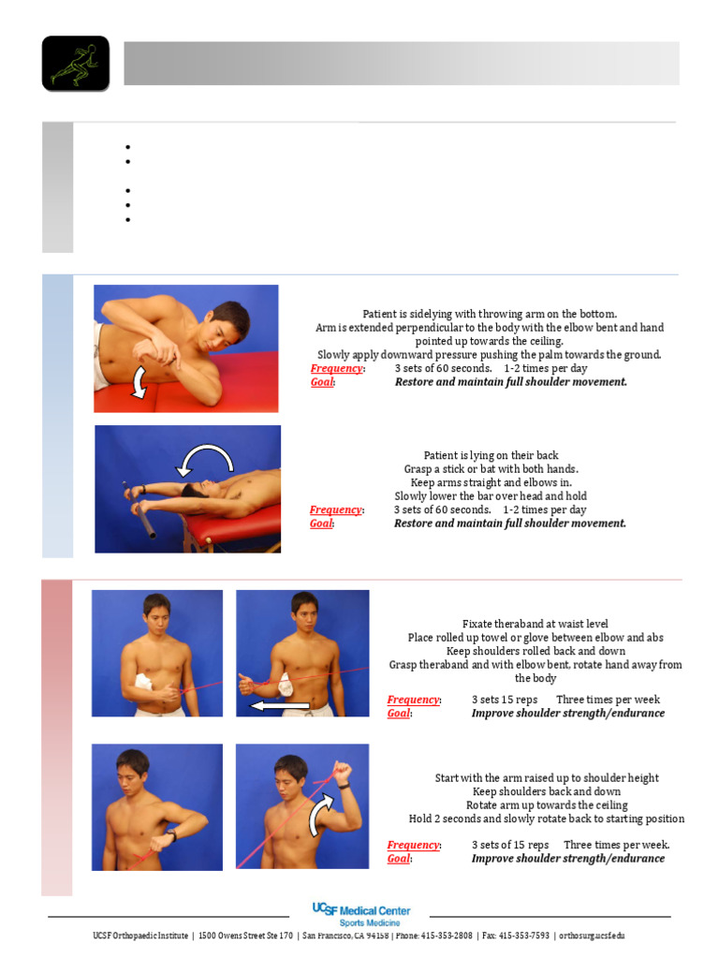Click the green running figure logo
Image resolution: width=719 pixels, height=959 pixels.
coord(75,64)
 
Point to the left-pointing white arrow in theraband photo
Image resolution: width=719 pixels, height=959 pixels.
coord(281,706)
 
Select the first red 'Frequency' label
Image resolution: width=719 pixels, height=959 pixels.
coord(336,368)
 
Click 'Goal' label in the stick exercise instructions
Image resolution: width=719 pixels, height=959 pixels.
coord(321,524)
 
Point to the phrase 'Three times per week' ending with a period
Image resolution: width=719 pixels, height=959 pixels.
coord(616,845)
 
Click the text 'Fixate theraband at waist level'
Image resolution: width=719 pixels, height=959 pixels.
coord(536,624)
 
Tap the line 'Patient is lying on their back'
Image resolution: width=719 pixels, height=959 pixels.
coord(491,455)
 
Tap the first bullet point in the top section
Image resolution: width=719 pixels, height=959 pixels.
coord(125,147)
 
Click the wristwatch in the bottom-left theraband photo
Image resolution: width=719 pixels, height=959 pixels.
coord(171,836)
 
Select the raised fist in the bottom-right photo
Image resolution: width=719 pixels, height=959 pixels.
coord(344,774)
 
